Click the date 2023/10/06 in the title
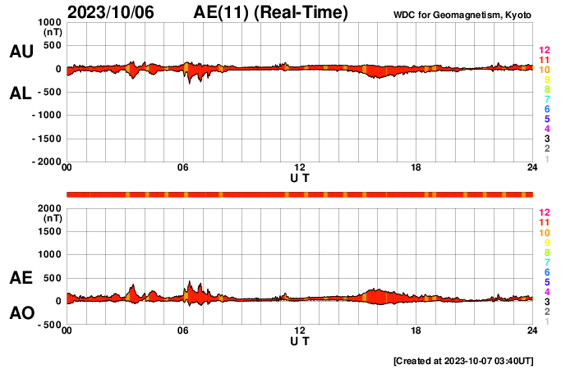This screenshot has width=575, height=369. coord(109,12)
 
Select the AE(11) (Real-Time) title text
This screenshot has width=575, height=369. coord(270,12)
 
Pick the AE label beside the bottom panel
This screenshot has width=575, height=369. coord(21,279)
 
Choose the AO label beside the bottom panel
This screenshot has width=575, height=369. coord(21,313)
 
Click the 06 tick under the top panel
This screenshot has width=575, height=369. coord(183,168)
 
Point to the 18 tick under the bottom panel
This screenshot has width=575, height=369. coord(416,330)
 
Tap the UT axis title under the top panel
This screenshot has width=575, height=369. coord(300,177)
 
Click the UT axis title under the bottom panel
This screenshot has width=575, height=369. coord(300,339)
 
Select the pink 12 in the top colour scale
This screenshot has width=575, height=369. coord(544,51)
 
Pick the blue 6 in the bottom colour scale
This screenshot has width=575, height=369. coord(546,271)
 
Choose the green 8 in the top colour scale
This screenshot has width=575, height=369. coord(546,89)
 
